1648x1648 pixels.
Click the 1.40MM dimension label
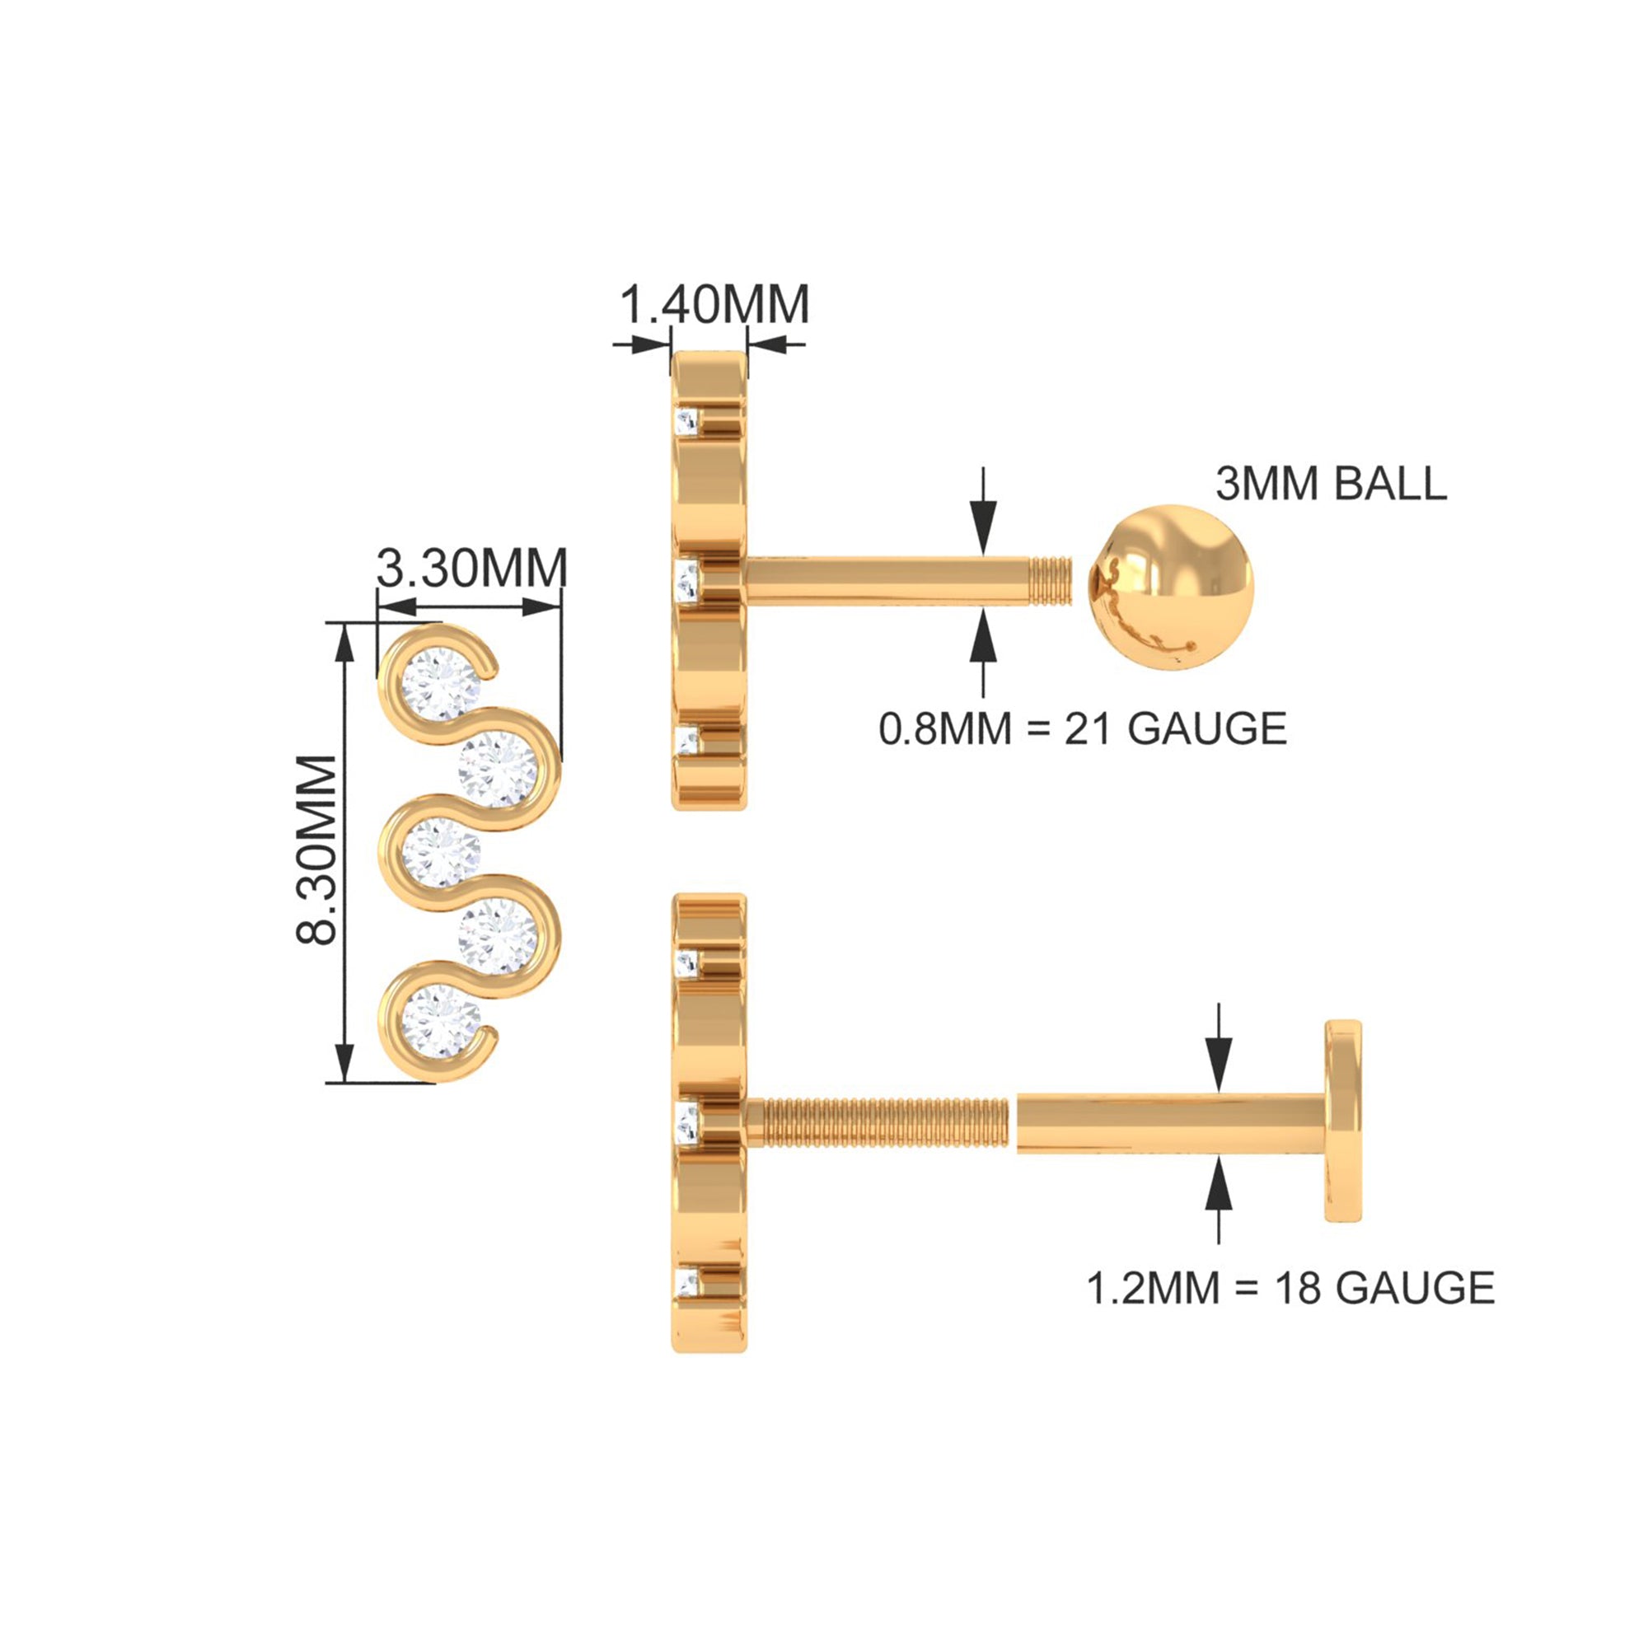pyautogui.click(x=714, y=305)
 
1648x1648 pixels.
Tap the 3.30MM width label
pyautogui.click(x=471, y=567)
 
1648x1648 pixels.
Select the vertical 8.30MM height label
pyautogui.click(x=317, y=850)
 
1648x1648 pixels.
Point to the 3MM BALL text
pyautogui.click(x=1332, y=484)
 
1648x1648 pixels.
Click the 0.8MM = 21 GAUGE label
pyautogui.click(x=1084, y=728)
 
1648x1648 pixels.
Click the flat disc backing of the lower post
pyautogui.click(x=1342, y=1121)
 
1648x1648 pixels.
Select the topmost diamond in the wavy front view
pyautogui.click(x=441, y=684)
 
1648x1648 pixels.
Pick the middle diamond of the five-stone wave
pyautogui.click(x=441, y=852)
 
